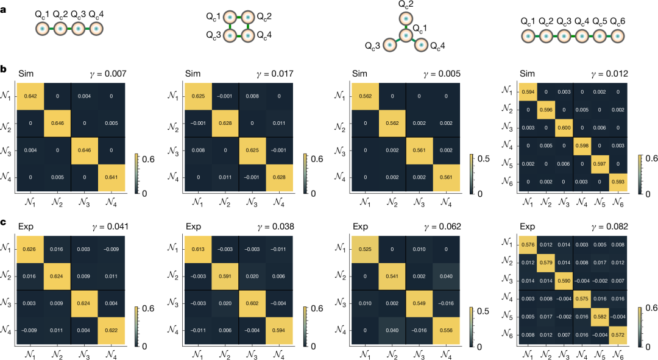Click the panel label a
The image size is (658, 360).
tap(4, 9)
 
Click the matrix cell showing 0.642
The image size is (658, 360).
tap(30, 96)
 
